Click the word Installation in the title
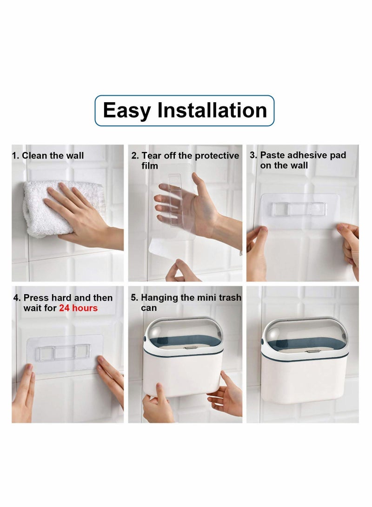coord(212,110)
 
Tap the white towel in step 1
coord(48,209)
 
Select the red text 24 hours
coord(78,308)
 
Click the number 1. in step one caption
coord(15,156)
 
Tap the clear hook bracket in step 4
coord(63,352)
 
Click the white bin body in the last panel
coord(304,378)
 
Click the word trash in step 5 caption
coord(230,297)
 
